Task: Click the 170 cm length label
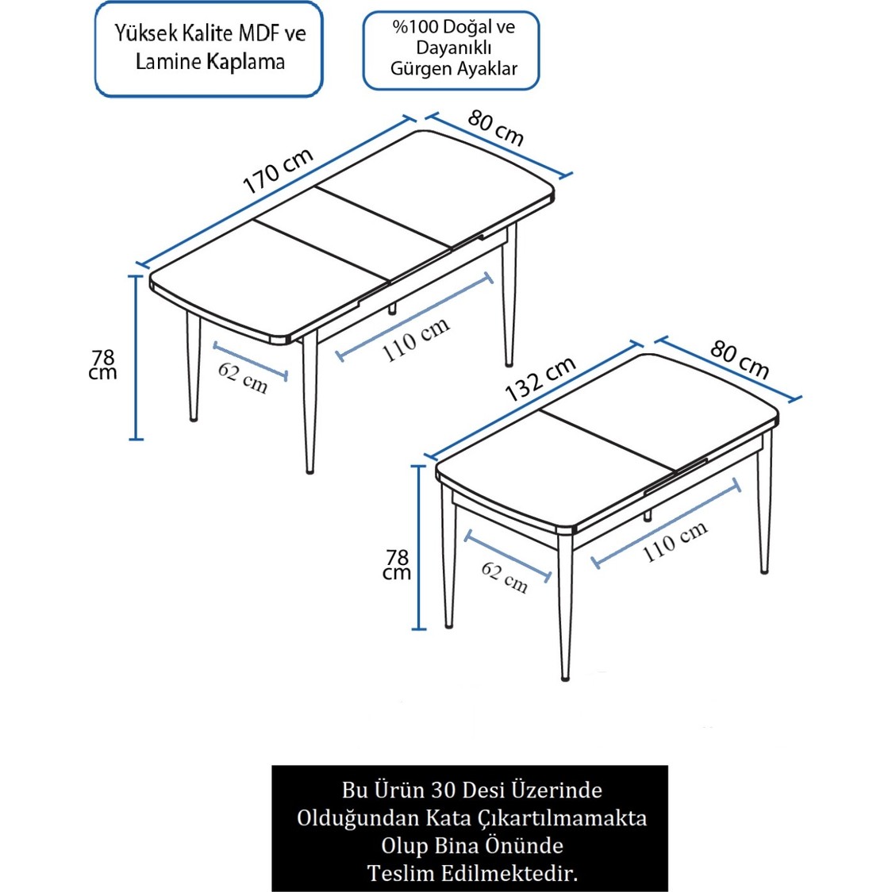point(278,171)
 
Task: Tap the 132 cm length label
point(540,379)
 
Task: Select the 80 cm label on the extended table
point(496,128)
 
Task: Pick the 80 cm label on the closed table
point(740,359)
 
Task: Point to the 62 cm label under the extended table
point(243,377)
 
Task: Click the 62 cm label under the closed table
point(505,577)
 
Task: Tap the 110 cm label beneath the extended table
point(416,340)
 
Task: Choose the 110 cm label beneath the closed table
point(675,541)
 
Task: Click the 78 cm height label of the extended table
point(103,365)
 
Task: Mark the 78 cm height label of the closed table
point(397,565)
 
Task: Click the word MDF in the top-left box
point(259,33)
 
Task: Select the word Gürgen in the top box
point(415,69)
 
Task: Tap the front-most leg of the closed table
point(565,611)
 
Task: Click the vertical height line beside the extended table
point(136,357)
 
